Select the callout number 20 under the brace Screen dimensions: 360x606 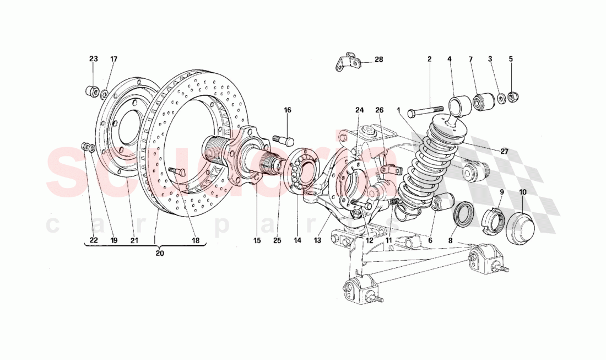click(x=160, y=254)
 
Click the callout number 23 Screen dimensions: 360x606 click(x=93, y=58)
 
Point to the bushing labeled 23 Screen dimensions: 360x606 click(x=93, y=90)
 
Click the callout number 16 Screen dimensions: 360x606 click(x=288, y=110)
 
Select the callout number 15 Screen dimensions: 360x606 click(x=256, y=240)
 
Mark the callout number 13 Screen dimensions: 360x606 click(x=316, y=240)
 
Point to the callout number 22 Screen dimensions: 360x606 click(x=93, y=240)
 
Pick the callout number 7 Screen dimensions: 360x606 click(x=471, y=58)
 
